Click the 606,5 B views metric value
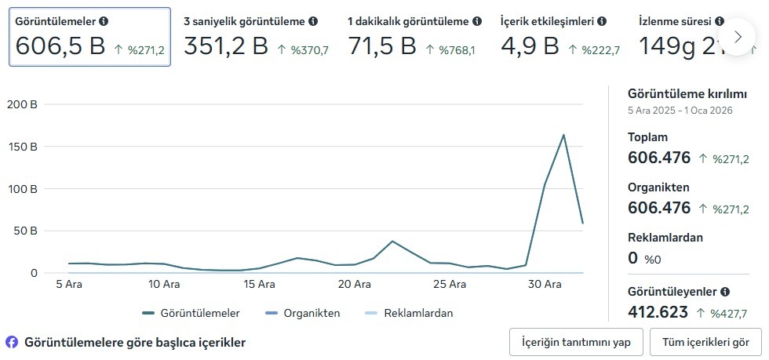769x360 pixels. [60, 46]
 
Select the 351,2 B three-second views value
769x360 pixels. [226, 46]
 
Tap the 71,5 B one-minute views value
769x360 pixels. [381, 46]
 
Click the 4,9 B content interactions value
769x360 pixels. [530, 46]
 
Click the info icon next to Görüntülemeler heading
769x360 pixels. [104, 21]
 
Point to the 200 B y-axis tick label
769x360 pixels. [22, 104]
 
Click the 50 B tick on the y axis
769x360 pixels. [25, 231]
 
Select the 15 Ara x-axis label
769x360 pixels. [260, 285]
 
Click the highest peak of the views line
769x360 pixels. [563, 135]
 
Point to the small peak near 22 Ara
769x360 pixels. [392, 241]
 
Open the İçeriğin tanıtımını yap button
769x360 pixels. [576, 342]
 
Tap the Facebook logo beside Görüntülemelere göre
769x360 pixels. [12, 342]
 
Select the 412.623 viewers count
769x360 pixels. [659, 312]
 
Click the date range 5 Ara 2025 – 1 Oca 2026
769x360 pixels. [680, 111]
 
